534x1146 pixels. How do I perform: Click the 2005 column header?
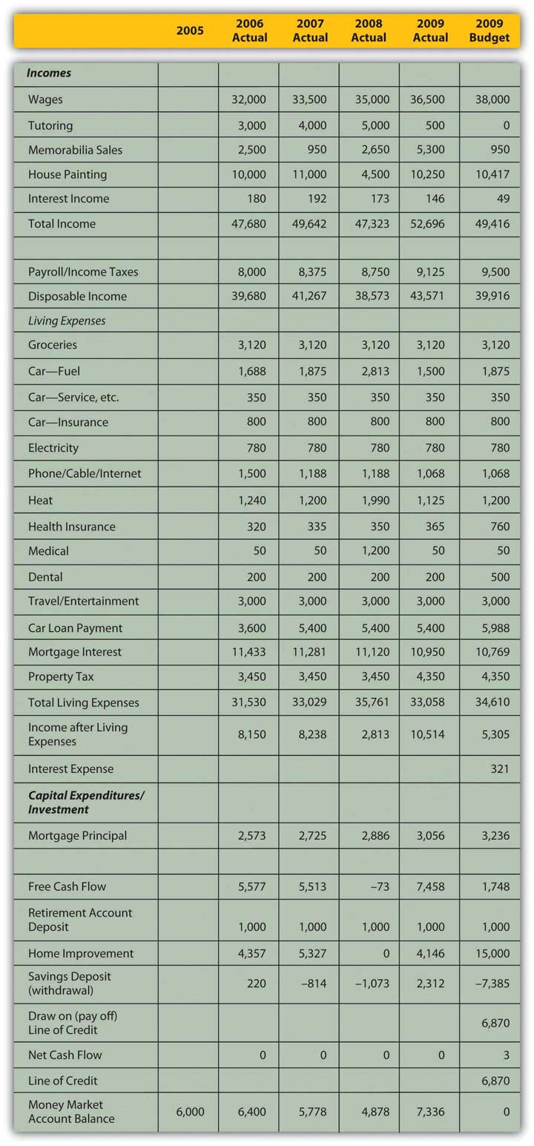190,30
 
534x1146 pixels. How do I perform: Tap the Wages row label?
45,99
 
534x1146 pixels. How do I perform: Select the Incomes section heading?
49,73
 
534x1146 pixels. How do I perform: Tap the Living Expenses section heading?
67,320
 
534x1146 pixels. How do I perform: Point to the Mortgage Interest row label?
75,652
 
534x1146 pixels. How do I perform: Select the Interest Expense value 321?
501,769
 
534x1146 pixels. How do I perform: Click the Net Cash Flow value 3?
507,1055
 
